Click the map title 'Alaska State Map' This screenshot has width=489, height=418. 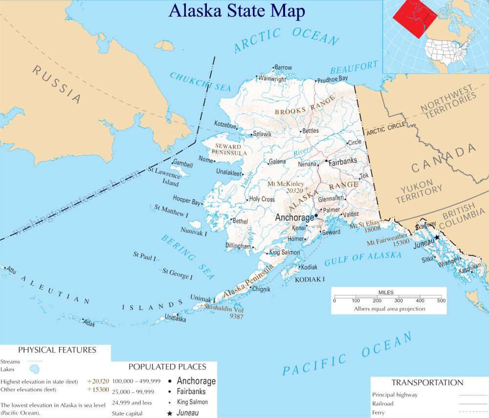(237, 11)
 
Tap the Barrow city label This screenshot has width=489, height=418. (283, 67)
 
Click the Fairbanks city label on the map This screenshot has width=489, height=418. (342, 161)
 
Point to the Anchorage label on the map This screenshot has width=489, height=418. (295, 217)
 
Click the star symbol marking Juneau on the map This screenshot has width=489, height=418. (437, 237)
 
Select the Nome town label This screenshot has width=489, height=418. (206, 160)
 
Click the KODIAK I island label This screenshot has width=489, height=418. (310, 279)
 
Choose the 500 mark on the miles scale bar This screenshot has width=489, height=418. (441, 300)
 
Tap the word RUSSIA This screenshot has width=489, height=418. (57, 84)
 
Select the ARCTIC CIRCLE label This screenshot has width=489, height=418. (386, 129)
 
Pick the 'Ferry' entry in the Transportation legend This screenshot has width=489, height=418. (378, 413)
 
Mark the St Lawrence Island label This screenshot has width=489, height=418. (164, 177)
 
